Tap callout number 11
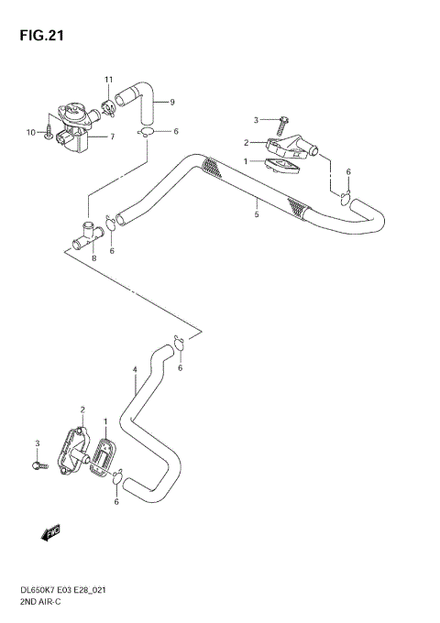coord(108,80)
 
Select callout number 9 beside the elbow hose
coord(171,102)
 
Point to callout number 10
coord(30,133)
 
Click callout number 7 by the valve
coord(112,137)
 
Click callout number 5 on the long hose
coord(258,216)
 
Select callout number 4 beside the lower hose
coord(135,370)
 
